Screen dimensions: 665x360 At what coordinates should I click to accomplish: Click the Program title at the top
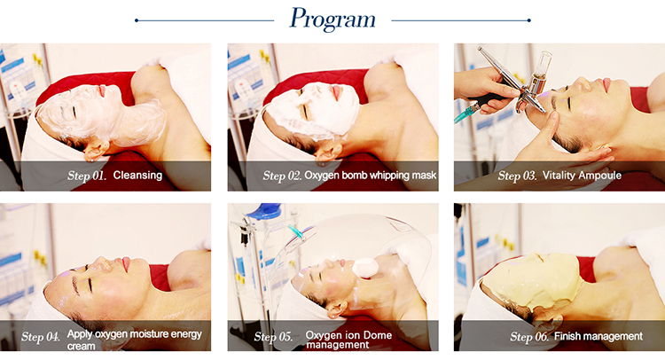pyautogui.click(x=332, y=20)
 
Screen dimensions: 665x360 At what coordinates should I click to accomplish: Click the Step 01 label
pyautogui.click(x=87, y=176)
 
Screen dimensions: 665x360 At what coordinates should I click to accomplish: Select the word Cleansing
pyautogui.click(x=137, y=176)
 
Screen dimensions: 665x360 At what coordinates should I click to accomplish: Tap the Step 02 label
pyautogui.click(x=282, y=176)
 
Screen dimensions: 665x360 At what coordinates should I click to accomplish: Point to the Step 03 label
pyautogui.click(x=517, y=176)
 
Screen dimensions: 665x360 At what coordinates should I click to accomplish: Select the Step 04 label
pyautogui.click(x=40, y=337)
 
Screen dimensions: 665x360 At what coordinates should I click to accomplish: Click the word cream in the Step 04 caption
pyautogui.click(x=81, y=346)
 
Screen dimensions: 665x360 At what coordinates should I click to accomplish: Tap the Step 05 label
pyautogui.click(x=273, y=337)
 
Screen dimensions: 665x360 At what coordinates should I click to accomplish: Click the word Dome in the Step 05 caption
pyautogui.click(x=378, y=335)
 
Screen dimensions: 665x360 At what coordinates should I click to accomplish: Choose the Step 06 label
pyautogui.click(x=528, y=337)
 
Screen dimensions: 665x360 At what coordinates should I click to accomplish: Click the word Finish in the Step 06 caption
pyautogui.click(x=567, y=336)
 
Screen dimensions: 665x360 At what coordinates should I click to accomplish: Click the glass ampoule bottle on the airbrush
pyautogui.click(x=540, y=72)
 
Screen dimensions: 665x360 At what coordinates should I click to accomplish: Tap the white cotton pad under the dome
pyautogui.click(x=364, y=267)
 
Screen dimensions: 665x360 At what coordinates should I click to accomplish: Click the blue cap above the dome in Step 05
pyautogui.click(x=264, y=211)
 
